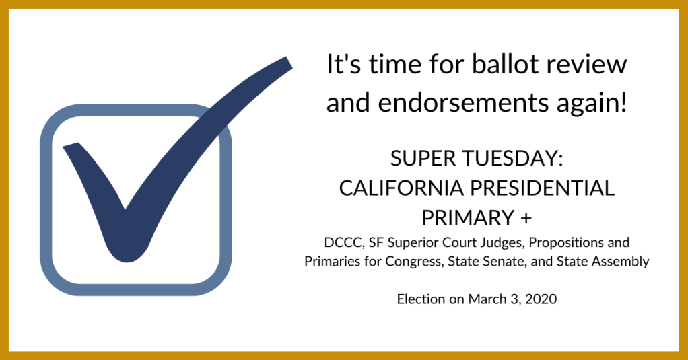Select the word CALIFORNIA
402,188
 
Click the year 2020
541,299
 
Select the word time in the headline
394,65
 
